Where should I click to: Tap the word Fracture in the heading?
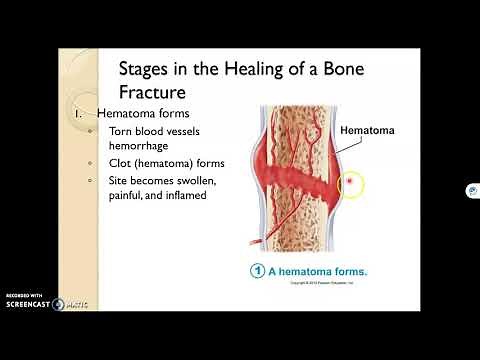tap(154, 92)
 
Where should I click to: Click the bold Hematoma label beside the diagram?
tap(367, 130)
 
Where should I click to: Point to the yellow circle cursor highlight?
tap(350, 184)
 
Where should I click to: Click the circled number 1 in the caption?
tap(257, 271)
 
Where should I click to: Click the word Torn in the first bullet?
tap(124, 131)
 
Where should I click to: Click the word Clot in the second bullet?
tap(123, 163)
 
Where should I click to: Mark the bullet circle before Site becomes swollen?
tap(91, 180)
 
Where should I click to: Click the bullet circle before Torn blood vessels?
tap(91, 131)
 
